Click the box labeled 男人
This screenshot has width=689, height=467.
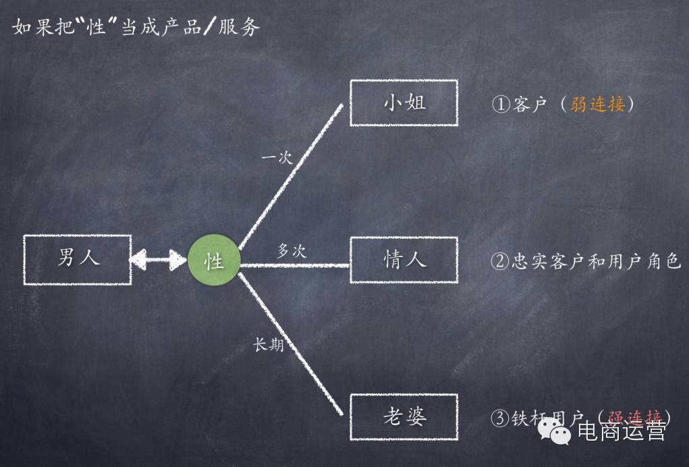click(x=77, y=258)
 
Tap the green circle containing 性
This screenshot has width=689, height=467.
click(x=214, y=260)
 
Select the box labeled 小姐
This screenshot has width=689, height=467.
click(x=404, y=103)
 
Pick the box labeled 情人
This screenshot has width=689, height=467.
click(x=404, y=260)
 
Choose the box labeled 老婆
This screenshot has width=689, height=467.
click(x=404, y=417)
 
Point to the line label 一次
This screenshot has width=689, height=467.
click(x=277, y=158)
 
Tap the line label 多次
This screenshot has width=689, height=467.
click(x=292, y=250)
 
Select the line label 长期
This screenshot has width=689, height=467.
click(x=268, y=344)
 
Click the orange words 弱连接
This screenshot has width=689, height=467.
click(x=598, y=105)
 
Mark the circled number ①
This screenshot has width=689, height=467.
click(x=500, y=105)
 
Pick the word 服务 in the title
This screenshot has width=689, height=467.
click(x=239, y=27)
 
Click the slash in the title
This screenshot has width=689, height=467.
click(x=209, y=27)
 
